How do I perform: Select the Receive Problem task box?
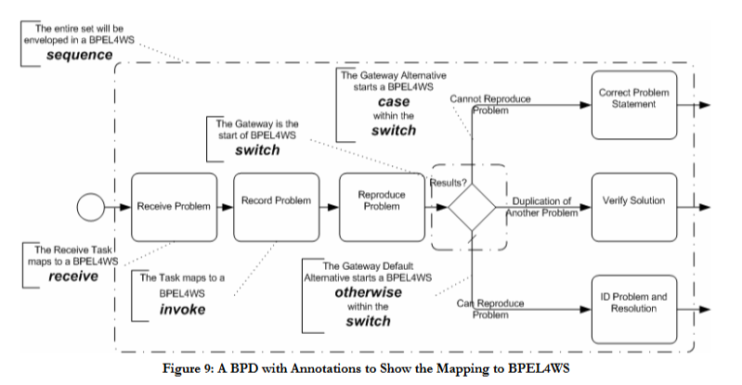pyautogui.click(x=174, y=205)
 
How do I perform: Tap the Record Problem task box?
pyautogui.click(x=276, y=201)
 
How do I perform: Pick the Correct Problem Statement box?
pyautogui.click(x=634, y=98)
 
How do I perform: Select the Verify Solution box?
pyautogui.click(x=634, y=200)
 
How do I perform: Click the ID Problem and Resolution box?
pyautogui.click(x=634, y=302)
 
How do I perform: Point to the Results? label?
pyautogui.click(x=449, y=182)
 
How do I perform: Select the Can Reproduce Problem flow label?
pyautogui.click(x=491, y=309)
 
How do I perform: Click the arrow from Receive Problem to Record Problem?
pyautogui.click(x=225, y=205)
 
